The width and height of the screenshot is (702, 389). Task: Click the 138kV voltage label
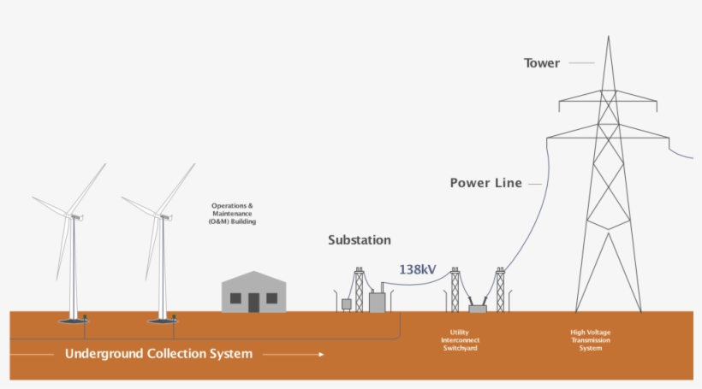tap(418, 269)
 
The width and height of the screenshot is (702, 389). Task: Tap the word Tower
tap(542, 63)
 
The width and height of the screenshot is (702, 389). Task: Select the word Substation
tap(360, 240)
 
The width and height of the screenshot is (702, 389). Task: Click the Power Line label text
tap(485, 183)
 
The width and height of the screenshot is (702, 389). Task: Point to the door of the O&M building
tap(254, 301)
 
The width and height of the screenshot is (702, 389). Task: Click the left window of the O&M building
tap(237, 298)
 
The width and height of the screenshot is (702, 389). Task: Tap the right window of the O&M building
tap(271, 298)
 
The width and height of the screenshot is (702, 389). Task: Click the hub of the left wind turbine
tap(74, 215)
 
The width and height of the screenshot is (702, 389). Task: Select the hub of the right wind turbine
tap(162, 215)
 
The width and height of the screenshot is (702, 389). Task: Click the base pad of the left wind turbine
tap(73, 321)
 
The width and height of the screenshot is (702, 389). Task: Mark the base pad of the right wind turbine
tap(162, 321)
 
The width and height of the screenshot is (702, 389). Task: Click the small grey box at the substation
tap(347, 304)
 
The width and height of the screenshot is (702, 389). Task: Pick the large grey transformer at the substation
tap(377, 302)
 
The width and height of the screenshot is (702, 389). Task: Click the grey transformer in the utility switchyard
tap(477, 307)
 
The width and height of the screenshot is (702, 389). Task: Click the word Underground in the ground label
tap(103, 354)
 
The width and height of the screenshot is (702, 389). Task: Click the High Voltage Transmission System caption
tap(590, 340)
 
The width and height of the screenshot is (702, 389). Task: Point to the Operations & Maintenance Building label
tap(232, 214)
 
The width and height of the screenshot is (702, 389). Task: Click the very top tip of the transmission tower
tap(609, 37)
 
